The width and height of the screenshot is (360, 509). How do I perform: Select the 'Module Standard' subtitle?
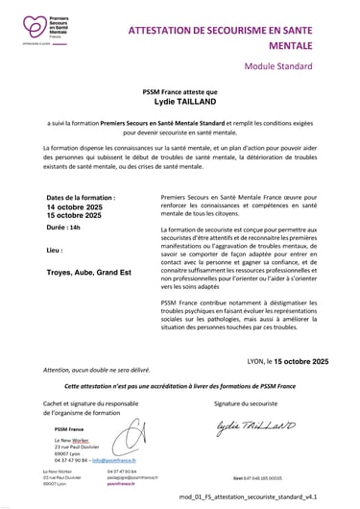pos(277,67)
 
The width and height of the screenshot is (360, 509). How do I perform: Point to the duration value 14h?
pos(76,228)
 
